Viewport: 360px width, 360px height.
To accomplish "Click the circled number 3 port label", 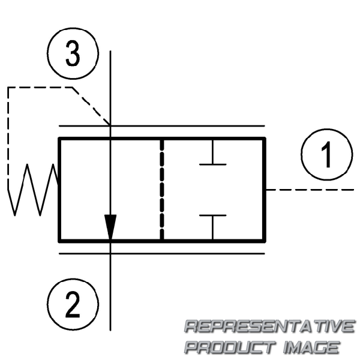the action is click(x=73, y=53).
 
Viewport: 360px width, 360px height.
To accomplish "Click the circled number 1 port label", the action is click(x=327, y=155).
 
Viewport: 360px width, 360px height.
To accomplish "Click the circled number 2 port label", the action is click(x=73, y=304).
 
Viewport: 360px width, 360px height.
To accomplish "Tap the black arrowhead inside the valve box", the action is click(x=110, y=227).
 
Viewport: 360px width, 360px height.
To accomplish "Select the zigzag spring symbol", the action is click(x=32, y=190).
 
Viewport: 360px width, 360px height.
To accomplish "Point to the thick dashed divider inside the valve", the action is click(x=162, y=190).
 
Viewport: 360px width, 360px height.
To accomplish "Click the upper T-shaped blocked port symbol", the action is click(x=213, y=152).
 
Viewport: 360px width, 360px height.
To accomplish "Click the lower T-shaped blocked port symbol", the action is click(x=213, y=227).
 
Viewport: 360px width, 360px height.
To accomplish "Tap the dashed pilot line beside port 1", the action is click(x=310, y=190).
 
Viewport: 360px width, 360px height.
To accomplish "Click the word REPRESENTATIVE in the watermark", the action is click(x=270, y=326).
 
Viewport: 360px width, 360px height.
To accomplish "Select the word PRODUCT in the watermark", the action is click(x=230, y=347).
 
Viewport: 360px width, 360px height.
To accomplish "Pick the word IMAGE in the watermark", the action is click(x=311, y=347).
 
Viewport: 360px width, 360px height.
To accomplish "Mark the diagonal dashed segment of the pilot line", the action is click(x=91, y=106).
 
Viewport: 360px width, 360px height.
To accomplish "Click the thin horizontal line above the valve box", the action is click(x=162, y=126).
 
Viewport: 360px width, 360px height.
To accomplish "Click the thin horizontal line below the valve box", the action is click(x=162, y=254).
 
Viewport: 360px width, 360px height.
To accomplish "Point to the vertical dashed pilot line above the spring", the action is click(x=8, y=139).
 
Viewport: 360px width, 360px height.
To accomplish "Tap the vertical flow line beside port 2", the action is click(x=110, y=292).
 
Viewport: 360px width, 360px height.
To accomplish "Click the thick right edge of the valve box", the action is click(x=265, y=190).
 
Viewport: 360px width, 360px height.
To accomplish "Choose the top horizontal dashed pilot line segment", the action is click(x=40, y=88).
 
